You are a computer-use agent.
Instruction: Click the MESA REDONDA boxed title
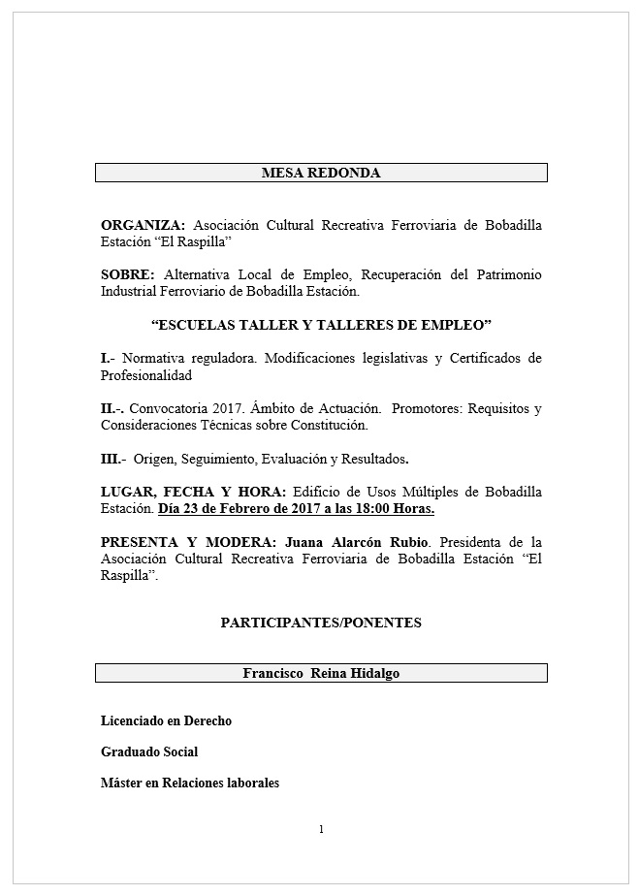click(x=321, y=173)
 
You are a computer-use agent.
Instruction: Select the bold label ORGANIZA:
click(x=143, y=225)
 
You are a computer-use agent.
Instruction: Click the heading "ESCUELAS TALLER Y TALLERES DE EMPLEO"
click(x=321, y=323)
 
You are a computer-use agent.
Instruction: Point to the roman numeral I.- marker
click(x=108, y=359)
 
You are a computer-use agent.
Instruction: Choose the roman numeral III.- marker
click(x=113, y=459)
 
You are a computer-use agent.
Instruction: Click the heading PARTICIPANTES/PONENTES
click(x=321, y=623)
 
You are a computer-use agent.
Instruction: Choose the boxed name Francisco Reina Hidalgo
click(x=321, y=673)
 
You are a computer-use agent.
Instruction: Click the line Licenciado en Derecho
click(x=166, y=720)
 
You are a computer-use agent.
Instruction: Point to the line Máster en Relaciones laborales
click(x=190, y=783)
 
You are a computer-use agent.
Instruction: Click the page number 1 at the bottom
click(x=321, y=829)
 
